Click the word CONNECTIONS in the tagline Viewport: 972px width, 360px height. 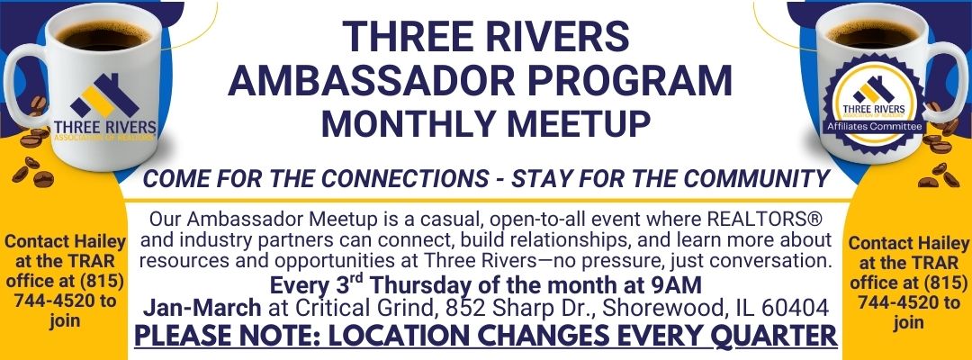(x=406, y=178)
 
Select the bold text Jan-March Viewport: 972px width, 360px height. (x=202, y=307)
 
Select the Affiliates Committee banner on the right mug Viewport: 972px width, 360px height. (x=874, y=127)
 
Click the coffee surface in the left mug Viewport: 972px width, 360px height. (x=104, y=35)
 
